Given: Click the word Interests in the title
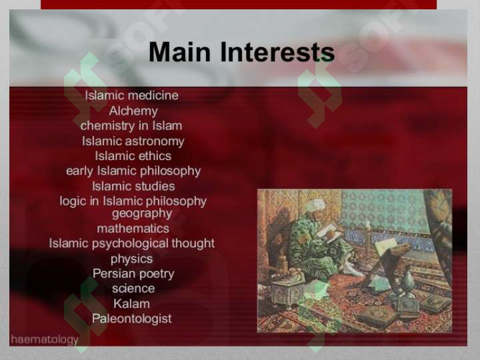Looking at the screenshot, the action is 277,52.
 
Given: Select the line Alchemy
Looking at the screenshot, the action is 133,111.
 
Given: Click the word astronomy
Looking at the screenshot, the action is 155,141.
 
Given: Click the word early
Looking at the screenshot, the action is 79,171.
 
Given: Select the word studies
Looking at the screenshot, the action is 155,186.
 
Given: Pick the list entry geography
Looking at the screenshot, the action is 142,214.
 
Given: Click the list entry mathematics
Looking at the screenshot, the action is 133,229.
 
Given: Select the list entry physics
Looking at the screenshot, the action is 131,259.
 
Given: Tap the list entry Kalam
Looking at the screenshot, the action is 131,304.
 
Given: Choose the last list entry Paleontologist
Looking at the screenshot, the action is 131,319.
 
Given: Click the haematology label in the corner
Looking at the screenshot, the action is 45,340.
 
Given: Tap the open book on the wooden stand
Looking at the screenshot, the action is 386,245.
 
